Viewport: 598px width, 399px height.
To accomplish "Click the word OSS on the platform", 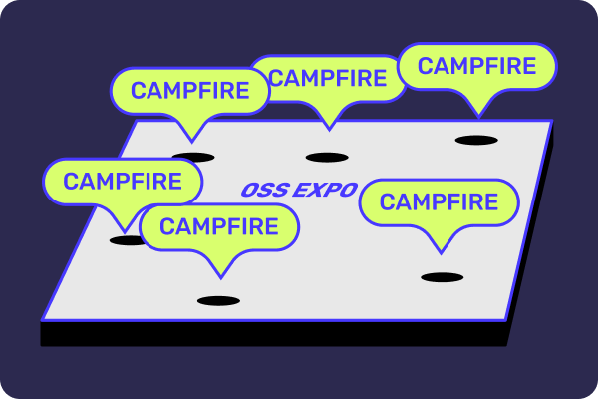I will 260,190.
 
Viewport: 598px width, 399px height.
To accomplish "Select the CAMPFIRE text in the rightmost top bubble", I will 476,66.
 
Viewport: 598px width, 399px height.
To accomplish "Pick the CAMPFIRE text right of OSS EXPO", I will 439,202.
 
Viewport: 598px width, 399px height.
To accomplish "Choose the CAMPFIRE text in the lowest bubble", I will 218,226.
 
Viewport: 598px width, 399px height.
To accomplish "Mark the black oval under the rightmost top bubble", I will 475,139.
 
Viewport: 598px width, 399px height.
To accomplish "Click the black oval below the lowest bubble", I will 218,300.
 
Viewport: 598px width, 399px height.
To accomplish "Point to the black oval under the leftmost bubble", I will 127,240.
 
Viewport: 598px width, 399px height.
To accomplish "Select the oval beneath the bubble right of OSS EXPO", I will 442,277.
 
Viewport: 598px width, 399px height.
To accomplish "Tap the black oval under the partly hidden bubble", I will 326,157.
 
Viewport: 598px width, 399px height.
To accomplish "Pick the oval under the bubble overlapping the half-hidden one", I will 192,157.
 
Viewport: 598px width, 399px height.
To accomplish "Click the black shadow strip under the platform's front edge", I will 269,334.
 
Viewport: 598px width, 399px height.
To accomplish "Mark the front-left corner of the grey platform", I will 43,319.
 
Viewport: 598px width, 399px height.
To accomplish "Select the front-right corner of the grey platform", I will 508,321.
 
